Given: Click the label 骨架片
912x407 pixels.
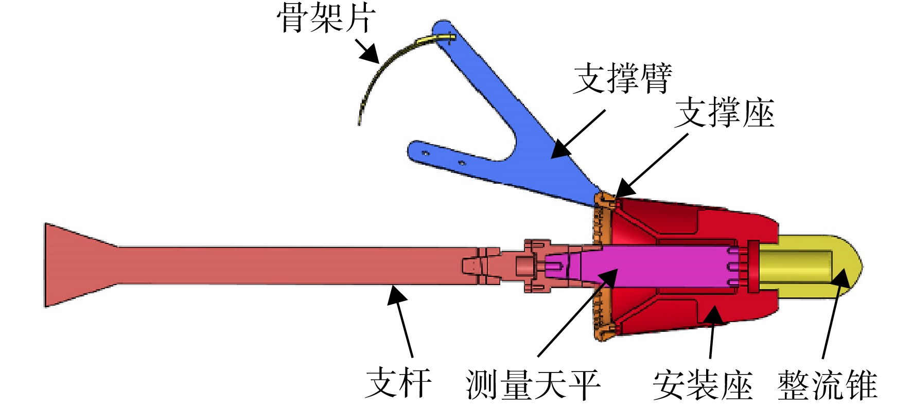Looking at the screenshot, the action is (326, 19).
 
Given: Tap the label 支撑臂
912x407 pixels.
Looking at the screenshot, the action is (623, 78).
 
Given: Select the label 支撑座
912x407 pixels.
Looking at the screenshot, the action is (724, 113).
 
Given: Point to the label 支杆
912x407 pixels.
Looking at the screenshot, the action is (398, 383).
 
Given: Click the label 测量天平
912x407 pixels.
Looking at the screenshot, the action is (533, 384).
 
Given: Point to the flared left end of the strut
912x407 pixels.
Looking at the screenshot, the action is (77, 265).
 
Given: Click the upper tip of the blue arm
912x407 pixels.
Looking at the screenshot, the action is (442, 23).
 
